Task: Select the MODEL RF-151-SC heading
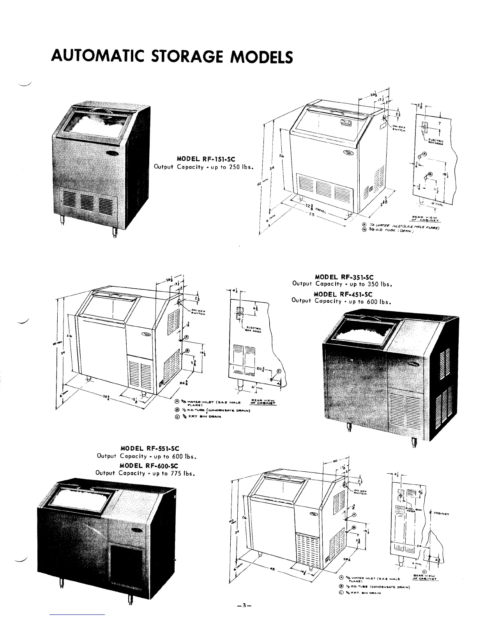click(x=204, y=159)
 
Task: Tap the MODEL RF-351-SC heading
click(x=343, y=278)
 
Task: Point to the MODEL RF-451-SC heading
click(x=343, y=294)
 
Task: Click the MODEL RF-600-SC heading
click(x=149, y=465)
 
